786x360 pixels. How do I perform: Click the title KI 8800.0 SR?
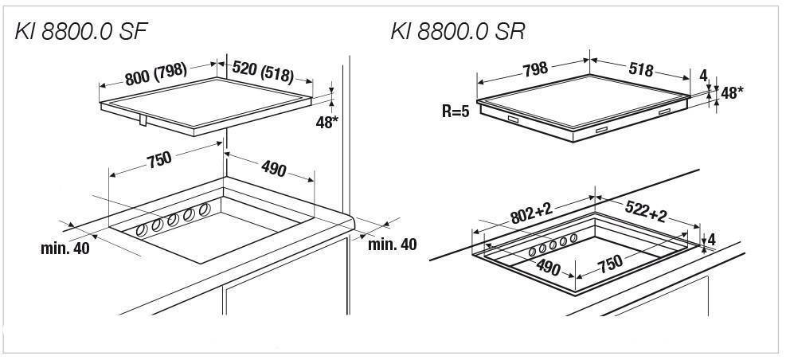457,32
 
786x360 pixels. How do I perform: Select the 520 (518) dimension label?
263,72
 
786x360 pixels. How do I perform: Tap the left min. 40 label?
65,248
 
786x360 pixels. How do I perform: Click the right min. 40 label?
392,244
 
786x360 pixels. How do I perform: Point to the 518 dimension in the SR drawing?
641,69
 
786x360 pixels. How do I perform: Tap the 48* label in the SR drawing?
732,92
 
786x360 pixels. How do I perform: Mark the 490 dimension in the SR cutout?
548,266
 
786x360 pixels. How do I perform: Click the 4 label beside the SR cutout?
712,239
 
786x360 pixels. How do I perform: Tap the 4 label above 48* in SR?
703,76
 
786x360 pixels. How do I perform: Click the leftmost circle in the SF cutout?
143,231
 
